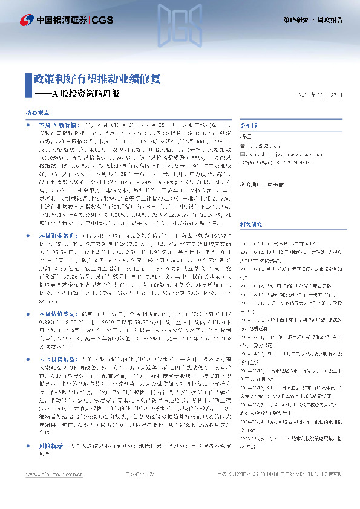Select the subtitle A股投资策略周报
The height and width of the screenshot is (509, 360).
(85, 94)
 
